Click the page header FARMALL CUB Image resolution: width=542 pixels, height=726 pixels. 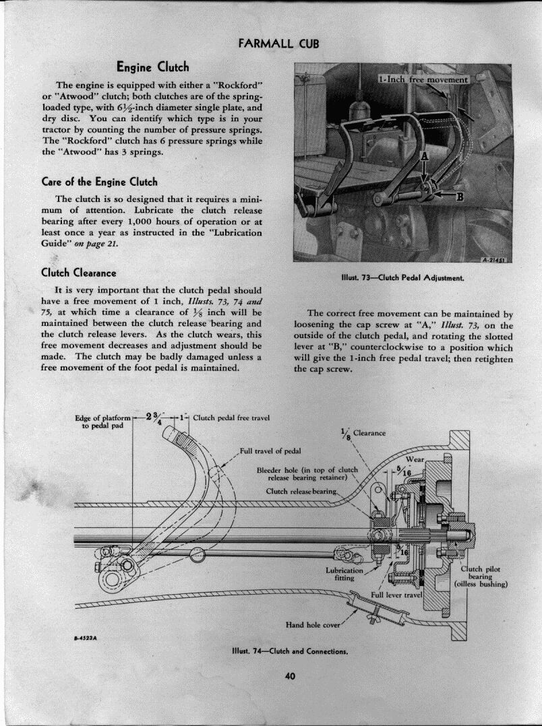[278, 44]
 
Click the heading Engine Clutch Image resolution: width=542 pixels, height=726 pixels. [152, 67]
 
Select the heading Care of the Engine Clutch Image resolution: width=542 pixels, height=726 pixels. [99, 181]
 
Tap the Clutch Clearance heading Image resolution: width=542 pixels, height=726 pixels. [79, 273]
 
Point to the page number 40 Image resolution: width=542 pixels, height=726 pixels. [291, 677]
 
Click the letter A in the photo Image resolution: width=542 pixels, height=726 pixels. [425, 156]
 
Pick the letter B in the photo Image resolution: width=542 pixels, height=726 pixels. [460, 197]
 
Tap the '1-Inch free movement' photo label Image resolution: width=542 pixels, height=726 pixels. [423, 79]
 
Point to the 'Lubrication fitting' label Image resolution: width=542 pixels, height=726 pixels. [344, 574]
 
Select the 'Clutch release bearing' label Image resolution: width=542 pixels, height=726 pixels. [301, 492]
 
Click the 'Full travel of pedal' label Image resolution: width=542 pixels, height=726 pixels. [270, 451]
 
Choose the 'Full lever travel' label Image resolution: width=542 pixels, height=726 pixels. [396, 595]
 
